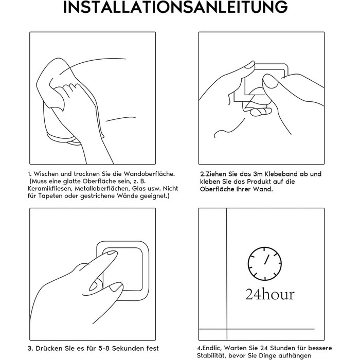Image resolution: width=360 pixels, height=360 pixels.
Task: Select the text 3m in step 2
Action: (x=256, y=174)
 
